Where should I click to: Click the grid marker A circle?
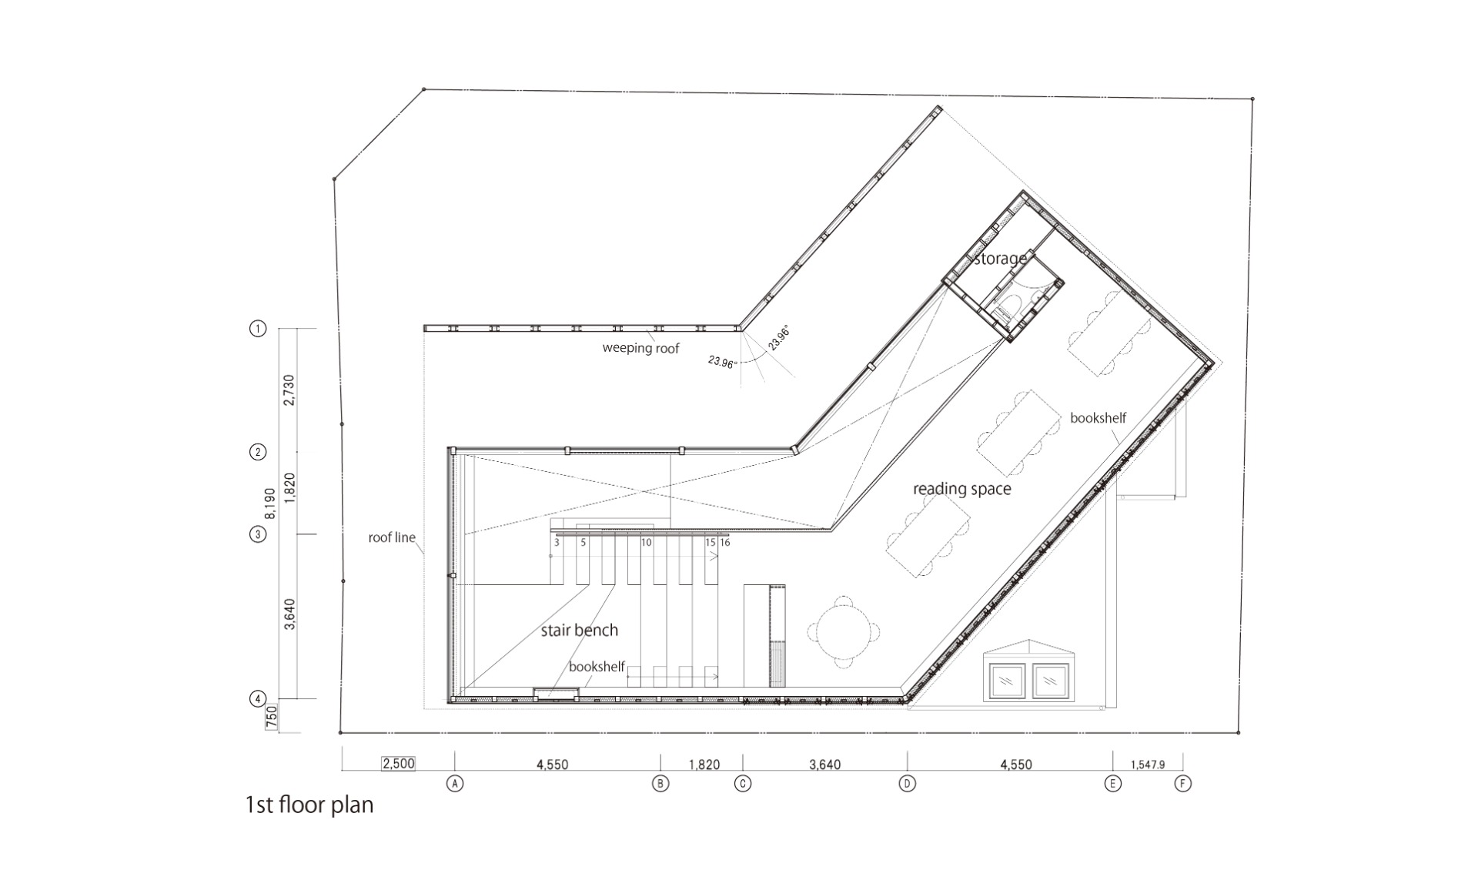tap(455, 784)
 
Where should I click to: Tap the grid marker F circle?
tap(1182, 784)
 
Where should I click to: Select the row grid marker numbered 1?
tap(258, 329)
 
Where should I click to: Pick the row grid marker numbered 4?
tap(258, 699)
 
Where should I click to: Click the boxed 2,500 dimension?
tap(398, 764)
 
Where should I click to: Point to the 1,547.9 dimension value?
tap(1148, 765)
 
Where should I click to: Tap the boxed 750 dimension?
tap(271, 718)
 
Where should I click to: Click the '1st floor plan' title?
tap(309, 805)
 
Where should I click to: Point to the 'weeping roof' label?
tap(640, 348)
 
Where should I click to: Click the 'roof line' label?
tap(392, 537)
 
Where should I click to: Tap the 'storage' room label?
tap(1000, 259)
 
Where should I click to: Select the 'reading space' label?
tap(961, 489)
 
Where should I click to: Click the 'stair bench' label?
tap(579, 630)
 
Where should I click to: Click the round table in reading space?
tap(844, 631)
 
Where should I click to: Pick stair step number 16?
tap(724, 542)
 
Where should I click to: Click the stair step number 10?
tap(647, 542)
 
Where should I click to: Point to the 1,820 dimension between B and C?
tap(704, 765)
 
